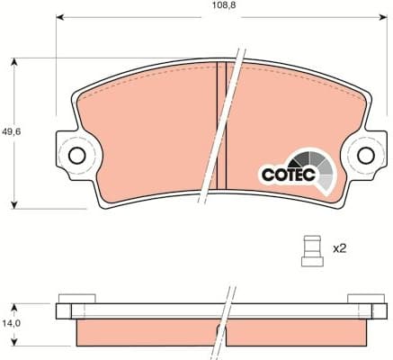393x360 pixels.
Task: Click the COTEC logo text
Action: pyautogui.click(x=287, y=175)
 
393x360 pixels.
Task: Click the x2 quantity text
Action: pyautogui.click(x=339, y=247)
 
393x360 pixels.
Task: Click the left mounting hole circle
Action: pyautogui.click(x=77, y=155)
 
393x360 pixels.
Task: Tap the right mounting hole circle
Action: pyautogui.click(x=365, y=155)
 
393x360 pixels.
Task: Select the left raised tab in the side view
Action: pyautogui.click(x=76, y=298)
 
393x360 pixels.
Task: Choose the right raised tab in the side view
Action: pyautogui.click(x=365, y=298)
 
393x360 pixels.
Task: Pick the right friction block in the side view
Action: pyautogui.click(x=297, y=332)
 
